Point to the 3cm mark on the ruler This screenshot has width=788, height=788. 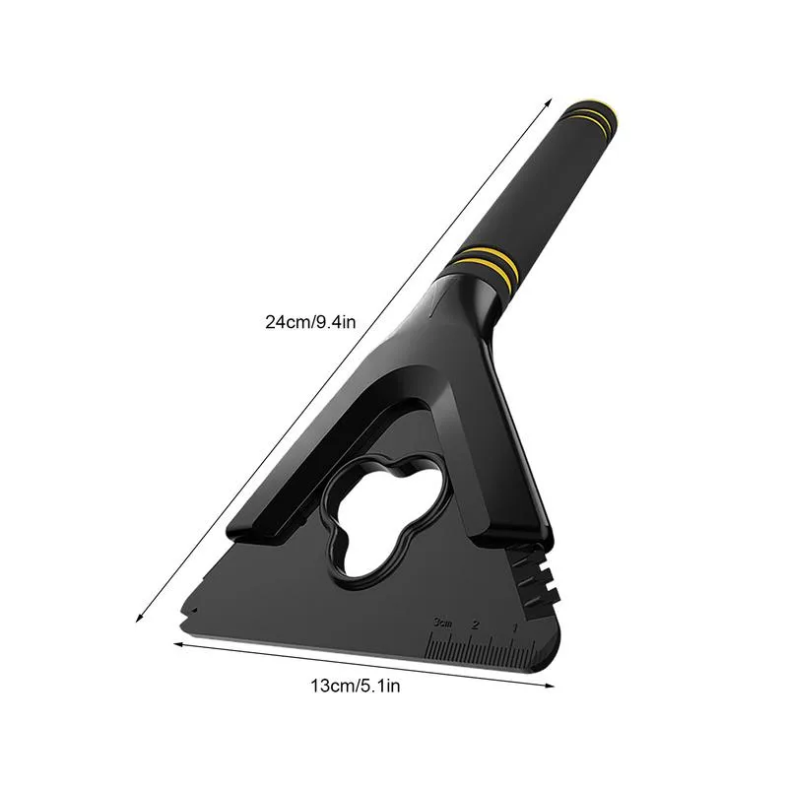pyautogui.click(x=440, y=622)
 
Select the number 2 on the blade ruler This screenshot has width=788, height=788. pyautogui.click(x=476, y=625)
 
